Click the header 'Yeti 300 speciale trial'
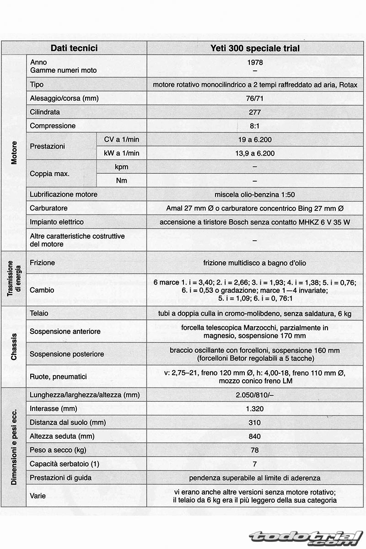tap(255, 48)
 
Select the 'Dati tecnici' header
tap(74, 48)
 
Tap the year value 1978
tap(255, 62)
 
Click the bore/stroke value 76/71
tap(255, 98)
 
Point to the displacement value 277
tap(255, 112)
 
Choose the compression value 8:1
tap(255, 126)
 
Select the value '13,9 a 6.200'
tap(255, 153)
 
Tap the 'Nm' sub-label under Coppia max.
tap(121, 181)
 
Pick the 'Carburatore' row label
tap(49, 208)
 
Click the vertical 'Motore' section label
tap(14, 153)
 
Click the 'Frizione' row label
tap(42, 263)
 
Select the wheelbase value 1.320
tap(255, 409)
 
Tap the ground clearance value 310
tap(255, 422)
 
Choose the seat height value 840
tap(255, 436)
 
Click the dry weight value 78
tap(255, 450)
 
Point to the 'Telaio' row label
tap(39, 313)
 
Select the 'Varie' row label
tap(38, 495)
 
